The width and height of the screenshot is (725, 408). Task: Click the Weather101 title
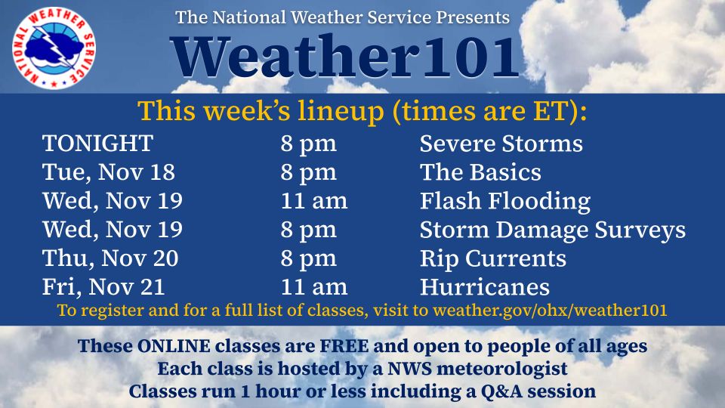(x=345, y=57)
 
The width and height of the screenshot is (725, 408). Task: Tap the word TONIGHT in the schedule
(x=97, y=144)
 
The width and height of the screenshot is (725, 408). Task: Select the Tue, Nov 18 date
(x=109, y=172)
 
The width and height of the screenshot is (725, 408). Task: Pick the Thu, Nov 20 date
(x=110, y=258)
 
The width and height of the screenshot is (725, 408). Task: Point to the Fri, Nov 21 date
(x=103, y=287)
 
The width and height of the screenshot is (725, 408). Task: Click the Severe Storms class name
(x=501, y=144)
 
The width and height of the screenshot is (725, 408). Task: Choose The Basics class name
(x=480, y=172)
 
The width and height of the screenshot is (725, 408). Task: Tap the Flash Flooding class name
(x=504, y=201)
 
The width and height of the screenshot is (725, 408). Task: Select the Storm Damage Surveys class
(x=552, y=230)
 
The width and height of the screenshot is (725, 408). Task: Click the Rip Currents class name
(x=492, y=258)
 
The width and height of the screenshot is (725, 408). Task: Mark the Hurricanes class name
(x=484, y=287)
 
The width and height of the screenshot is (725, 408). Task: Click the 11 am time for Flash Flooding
(x=314, y=201)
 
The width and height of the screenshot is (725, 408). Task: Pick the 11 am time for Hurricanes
(x=314, y=287)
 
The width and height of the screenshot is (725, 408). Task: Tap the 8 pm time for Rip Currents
(x=308, y=258)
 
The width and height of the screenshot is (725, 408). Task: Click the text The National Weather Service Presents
(x=342, y=17)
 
